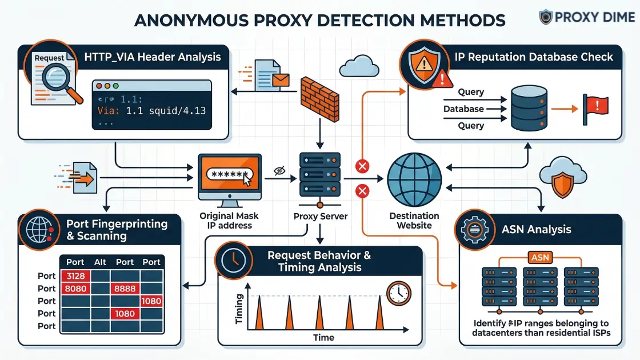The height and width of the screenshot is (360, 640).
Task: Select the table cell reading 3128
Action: [75, 276]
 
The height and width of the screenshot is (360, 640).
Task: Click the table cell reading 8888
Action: [125, 289]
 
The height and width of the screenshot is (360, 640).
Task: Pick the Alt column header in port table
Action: [101, 262]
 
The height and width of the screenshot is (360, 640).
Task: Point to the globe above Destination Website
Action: [414, 179]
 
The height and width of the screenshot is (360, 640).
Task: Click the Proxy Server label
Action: [320, 217]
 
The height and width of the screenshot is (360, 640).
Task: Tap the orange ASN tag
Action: [540, 258]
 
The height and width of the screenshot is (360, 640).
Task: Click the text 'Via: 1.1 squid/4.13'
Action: [152, 111]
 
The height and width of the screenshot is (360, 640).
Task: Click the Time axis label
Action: [323, 338]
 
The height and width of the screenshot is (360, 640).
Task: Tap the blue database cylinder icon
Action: [529, 107]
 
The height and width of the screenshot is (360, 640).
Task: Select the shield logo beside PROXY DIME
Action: [547, 17]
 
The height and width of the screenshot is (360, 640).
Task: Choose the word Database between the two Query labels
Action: [463, 109]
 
